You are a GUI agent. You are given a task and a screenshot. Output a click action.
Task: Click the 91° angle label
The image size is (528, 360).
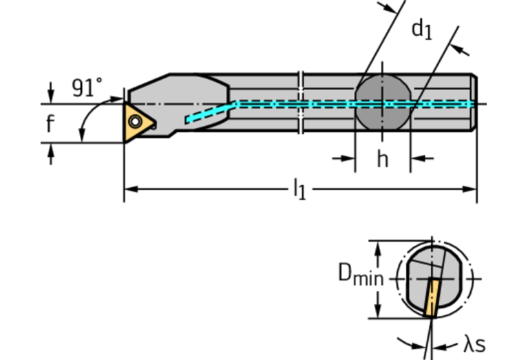pyautogui.click(x=87, y=87)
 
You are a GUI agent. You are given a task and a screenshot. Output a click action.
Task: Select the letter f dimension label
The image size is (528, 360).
pyautogui.click(x=50, y=124)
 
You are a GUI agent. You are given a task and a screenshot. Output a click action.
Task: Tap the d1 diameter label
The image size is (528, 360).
pyautogui.click(x=421, y=30)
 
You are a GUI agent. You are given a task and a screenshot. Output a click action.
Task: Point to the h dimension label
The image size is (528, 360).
pyautogui.click(x=382, y=159)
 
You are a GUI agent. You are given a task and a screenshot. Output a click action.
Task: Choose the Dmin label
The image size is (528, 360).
pyautogui.click(x=360, y=275)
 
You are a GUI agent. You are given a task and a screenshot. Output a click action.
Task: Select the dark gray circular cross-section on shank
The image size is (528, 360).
pyautogui.click(x=382, y=103)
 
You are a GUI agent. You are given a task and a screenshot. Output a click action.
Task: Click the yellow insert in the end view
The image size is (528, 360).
pyautogui.click(x=432, y=297)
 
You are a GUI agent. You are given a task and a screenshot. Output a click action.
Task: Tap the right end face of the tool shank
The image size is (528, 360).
pyautogui.click(x=474, y=103)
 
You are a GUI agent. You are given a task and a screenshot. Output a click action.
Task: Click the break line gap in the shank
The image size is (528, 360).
pyautogui.click(x=301, y=103)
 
